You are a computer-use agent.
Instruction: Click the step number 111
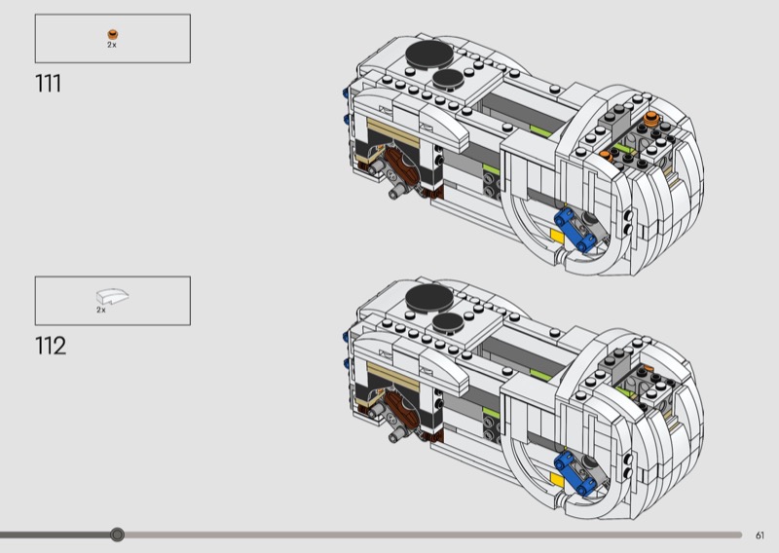pos(48,84)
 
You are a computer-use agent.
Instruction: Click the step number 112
pos(51,346)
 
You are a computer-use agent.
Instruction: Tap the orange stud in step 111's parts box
pos(113,34)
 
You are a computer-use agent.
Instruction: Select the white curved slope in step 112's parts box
pos(112,296)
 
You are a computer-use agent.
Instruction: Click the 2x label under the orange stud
pos(112,45)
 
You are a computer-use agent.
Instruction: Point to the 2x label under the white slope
pos(101,310)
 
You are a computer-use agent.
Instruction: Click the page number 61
pos(760,535)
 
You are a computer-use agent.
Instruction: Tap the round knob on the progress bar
pos(117,535)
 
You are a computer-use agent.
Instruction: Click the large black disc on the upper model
pos(429,54)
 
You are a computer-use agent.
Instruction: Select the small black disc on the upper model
pos(448,79)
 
